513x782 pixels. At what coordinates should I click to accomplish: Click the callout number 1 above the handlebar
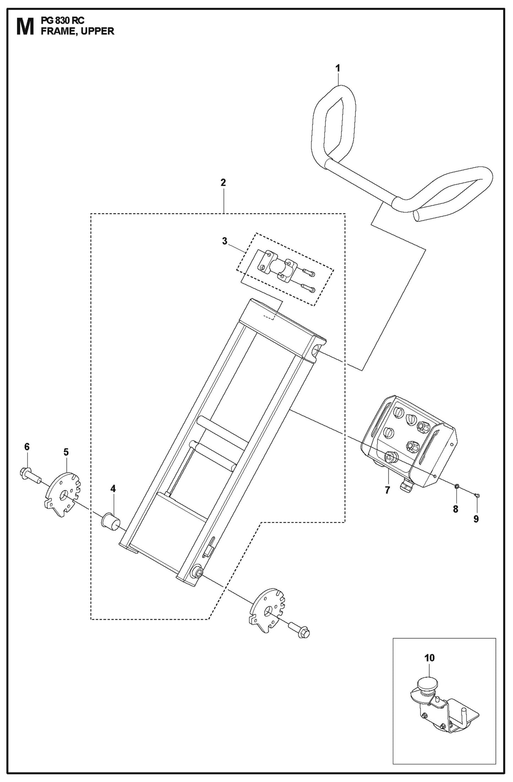(x=338, y=68)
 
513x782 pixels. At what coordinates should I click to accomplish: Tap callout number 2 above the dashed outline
(x=223, y=183)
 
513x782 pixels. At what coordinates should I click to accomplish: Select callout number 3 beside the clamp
(x=224, y=241)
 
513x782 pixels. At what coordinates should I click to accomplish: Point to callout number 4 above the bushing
(x=113, y=489)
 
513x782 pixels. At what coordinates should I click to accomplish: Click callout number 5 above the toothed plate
(x=66, y=452)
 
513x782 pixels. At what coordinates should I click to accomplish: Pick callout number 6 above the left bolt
(x=27, y=447)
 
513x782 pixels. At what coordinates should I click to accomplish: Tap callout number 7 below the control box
(x=387, y=490)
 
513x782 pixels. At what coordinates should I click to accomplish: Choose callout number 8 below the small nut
(x=455, y=509)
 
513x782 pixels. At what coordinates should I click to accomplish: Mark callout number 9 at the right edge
(x=476, y=519)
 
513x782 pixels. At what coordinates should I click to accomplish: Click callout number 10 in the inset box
(x=429, y=658)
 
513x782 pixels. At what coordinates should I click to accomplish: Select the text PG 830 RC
(x=62, y=21)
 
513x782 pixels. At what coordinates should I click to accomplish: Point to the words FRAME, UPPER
(x=77, y=31)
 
